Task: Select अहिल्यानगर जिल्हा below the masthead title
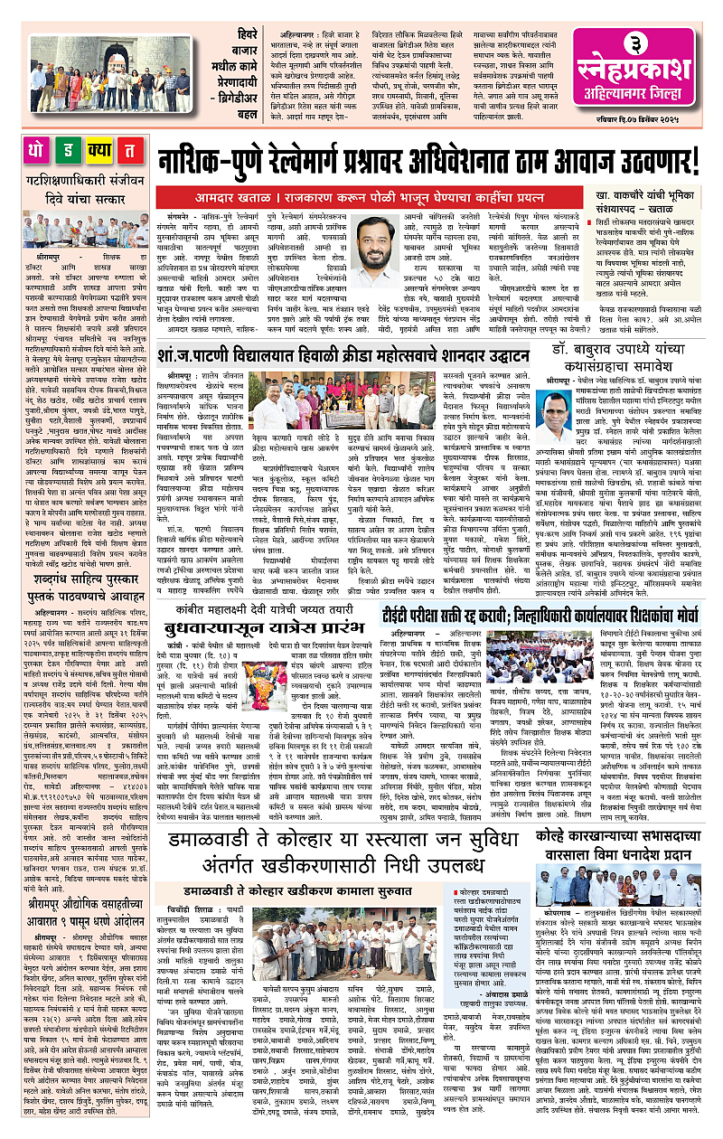pos(648,97)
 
